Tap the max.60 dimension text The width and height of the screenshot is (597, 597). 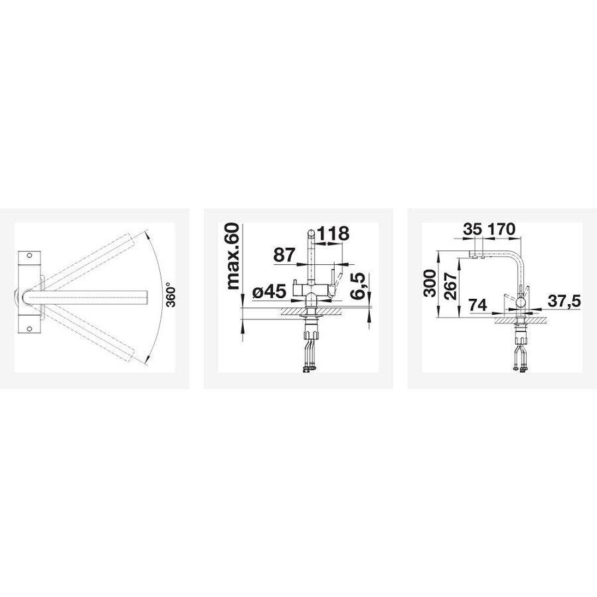click(232, 256)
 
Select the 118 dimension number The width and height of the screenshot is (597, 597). click(333, 233)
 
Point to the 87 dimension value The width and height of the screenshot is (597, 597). click(284, 255)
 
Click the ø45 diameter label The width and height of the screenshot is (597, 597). click(269, 292)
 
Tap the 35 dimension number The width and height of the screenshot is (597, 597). click(471, 229)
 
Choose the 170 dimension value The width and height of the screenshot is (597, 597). click(501, 229)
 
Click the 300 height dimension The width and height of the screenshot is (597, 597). click(430, 282)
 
